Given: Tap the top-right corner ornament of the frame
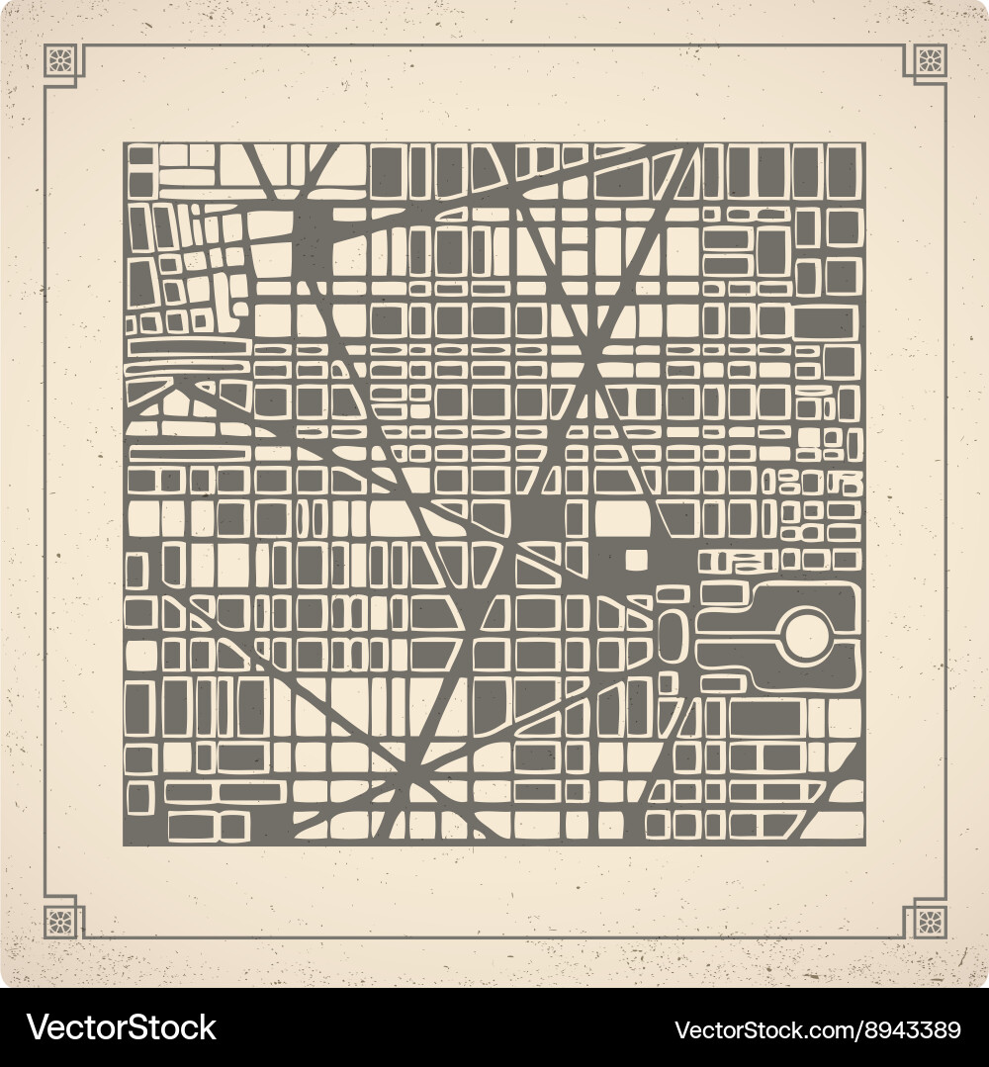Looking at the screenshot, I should (929, 61).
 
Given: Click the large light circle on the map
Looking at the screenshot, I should (808, 635).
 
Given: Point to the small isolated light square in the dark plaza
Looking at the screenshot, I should (637, 560).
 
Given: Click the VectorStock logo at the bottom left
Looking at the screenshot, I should (121, 1027).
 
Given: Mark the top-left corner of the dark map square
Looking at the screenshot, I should (125, 144).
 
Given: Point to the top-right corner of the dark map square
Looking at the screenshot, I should (863, 144).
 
